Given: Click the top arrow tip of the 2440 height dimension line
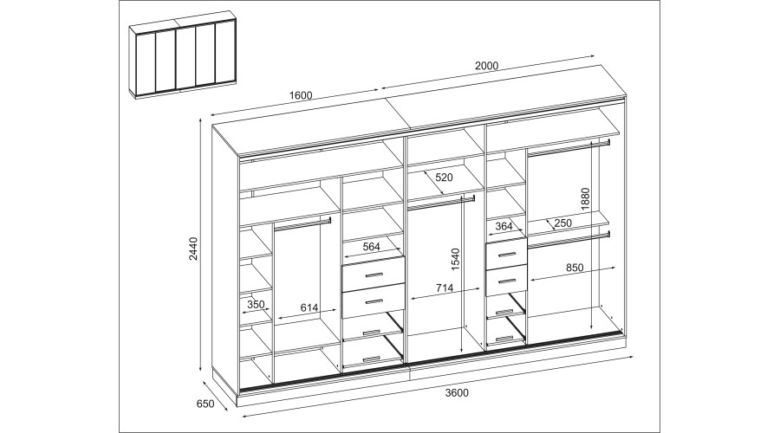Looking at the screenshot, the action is (200, 119).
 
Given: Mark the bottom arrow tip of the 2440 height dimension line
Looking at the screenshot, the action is (200, 371).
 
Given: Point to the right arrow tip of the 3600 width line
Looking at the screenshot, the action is (634, 356).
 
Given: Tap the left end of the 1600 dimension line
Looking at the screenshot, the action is (210, 113).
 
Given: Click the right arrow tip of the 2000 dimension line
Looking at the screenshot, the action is (595, 55).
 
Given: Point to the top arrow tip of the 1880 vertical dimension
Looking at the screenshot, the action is (591, 142).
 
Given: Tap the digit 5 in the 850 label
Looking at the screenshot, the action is (575, 268).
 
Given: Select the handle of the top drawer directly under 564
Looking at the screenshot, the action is (373, 275).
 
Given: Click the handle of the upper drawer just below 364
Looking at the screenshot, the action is (506, 255).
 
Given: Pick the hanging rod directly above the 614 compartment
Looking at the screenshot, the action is (302, 223).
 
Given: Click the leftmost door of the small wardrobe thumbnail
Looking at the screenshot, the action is (146, 63).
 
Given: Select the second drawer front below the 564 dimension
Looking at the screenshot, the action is (373, 301).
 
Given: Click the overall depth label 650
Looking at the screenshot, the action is (205, 404).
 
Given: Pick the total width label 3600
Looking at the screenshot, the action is (457, 393).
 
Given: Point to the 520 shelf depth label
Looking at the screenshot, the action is (445, 177).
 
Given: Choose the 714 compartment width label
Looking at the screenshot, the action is (445, 288).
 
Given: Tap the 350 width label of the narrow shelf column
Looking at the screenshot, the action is (256, 304).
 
